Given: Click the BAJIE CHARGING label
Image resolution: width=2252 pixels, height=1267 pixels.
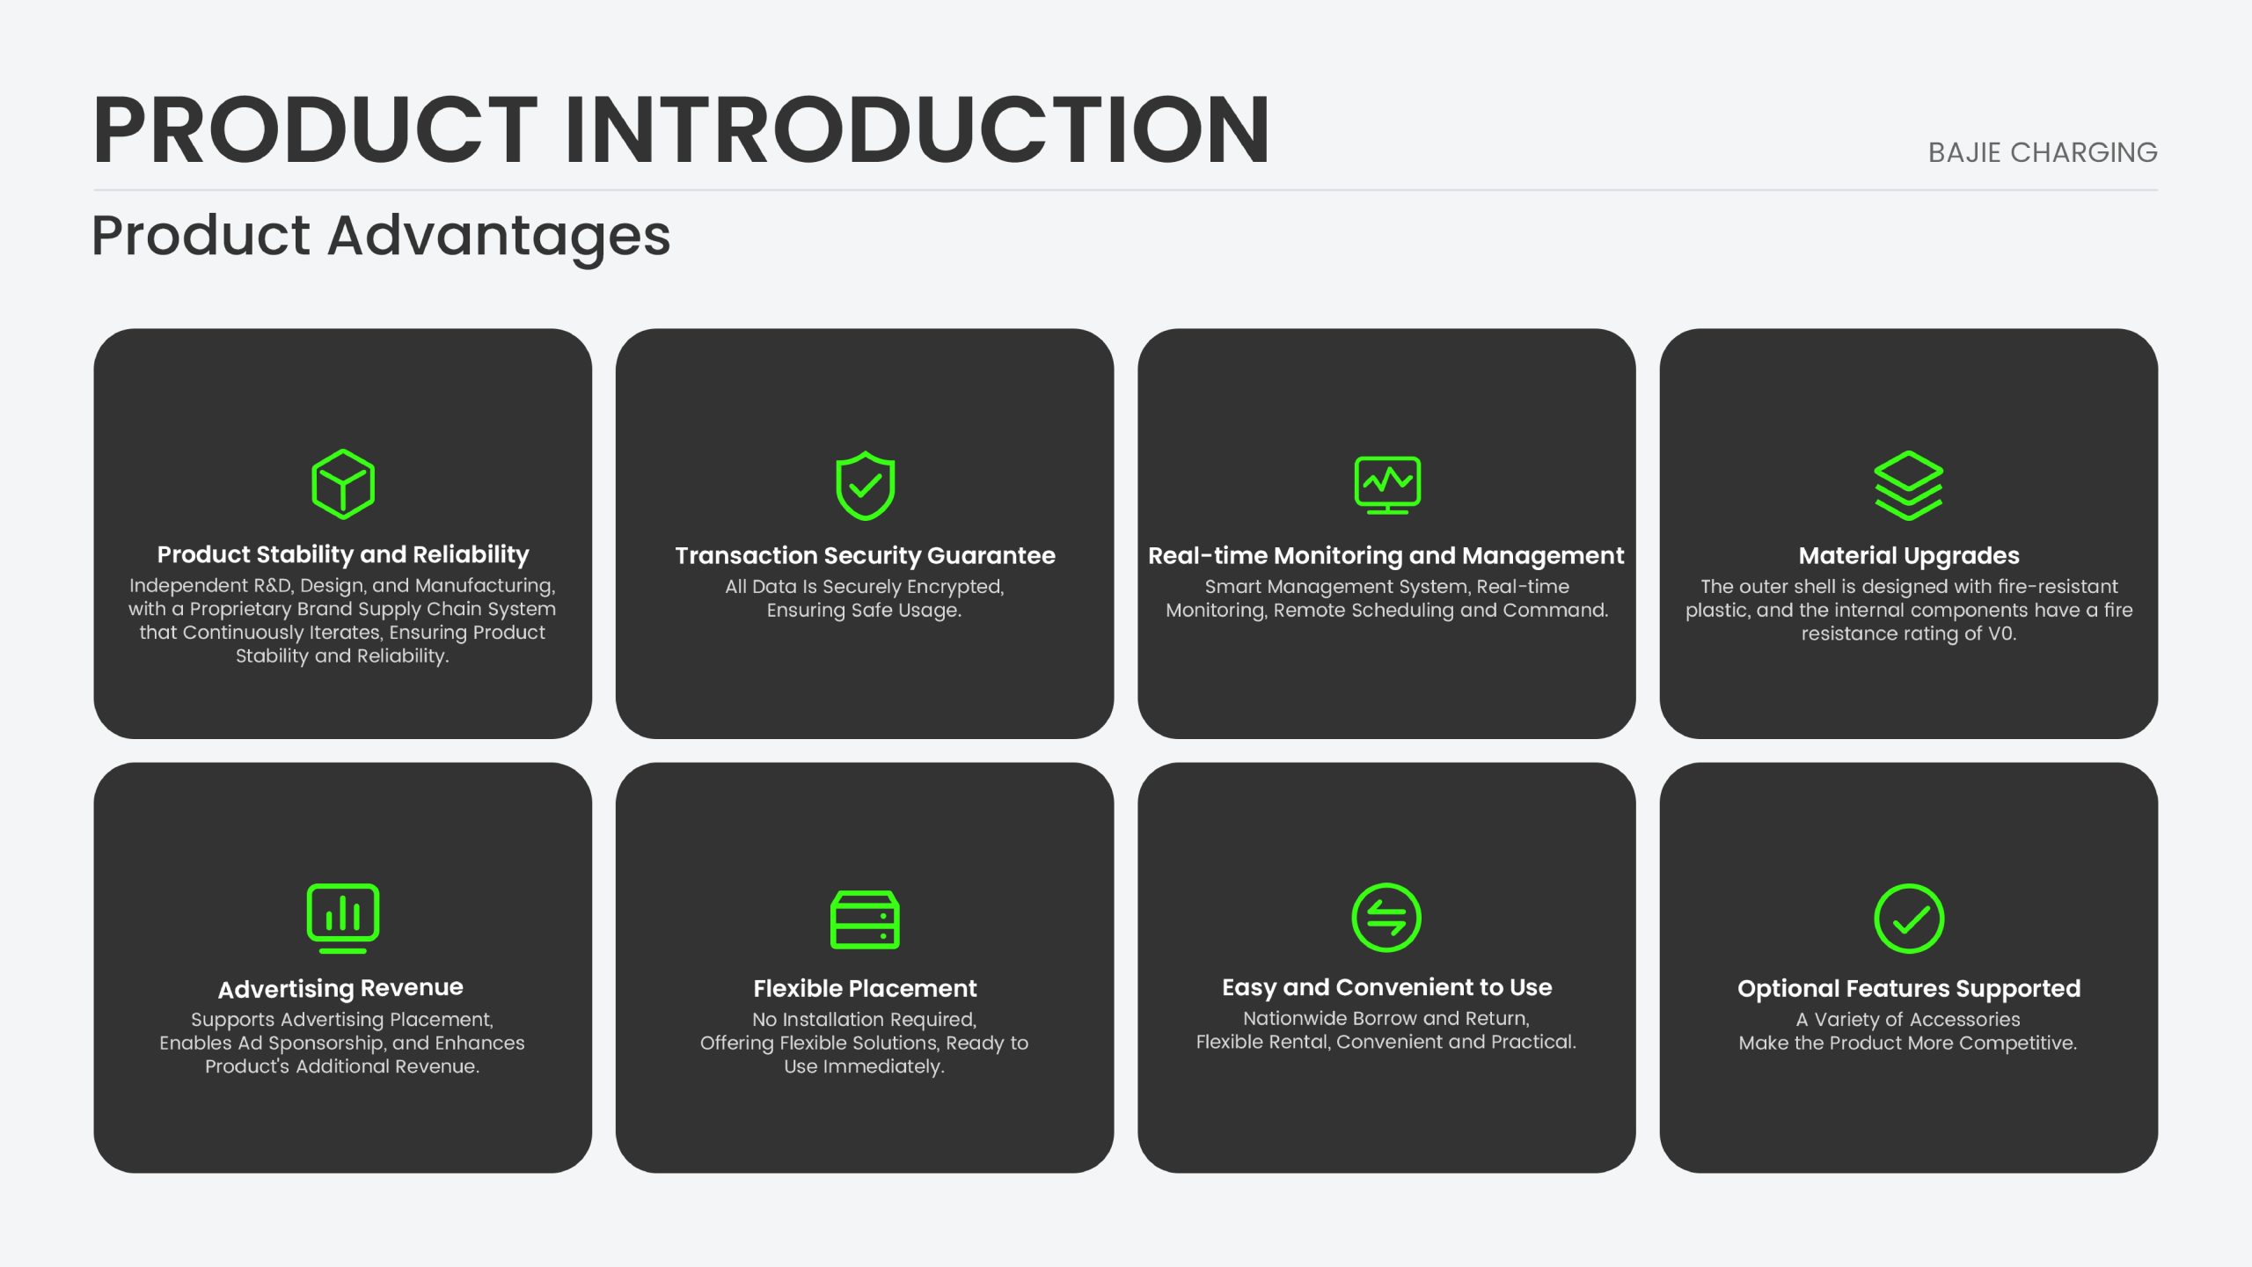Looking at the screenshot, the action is click(2043, 152).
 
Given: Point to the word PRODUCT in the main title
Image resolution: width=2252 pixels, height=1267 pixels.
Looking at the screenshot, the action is click(315, 129).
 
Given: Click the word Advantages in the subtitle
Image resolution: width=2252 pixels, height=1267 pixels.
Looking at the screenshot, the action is click(499, 236).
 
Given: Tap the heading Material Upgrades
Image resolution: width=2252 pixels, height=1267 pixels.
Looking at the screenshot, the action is click(1909, 556).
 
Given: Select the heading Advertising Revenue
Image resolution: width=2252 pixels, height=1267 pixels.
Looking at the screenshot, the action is click(340, 989).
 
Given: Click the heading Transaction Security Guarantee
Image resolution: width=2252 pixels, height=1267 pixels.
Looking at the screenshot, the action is click(865, 555).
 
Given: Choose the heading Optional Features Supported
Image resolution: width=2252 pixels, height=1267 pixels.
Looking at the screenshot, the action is click(1909, 989).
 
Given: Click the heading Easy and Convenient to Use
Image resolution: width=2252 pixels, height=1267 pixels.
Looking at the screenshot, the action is click(1386, 988).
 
